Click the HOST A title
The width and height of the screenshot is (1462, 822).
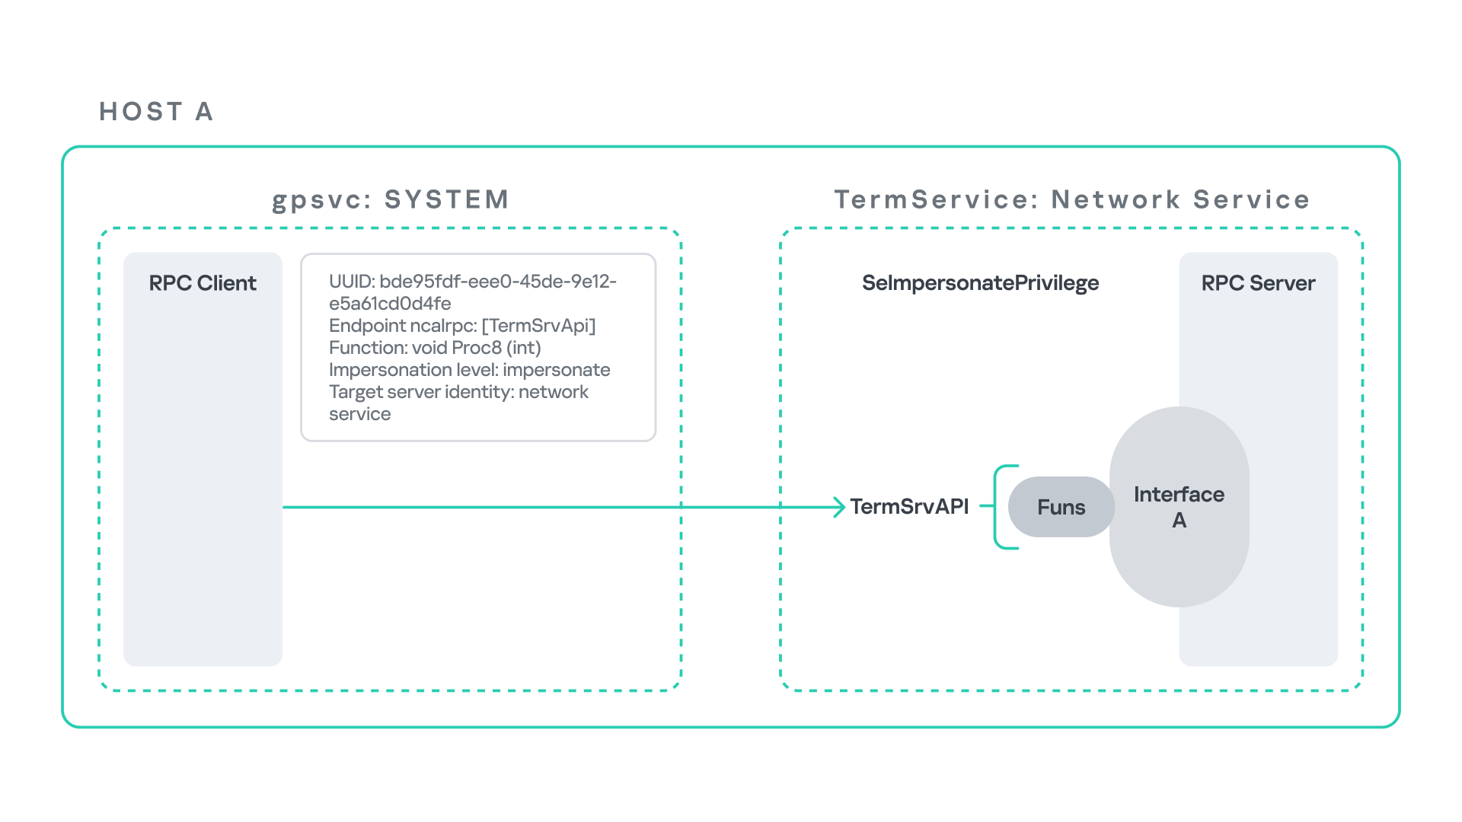[156, 112]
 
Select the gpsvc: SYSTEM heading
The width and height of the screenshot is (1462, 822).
[391, 199]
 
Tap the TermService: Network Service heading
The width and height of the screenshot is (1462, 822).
[1071, 199]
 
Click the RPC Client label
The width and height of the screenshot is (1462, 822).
[203, 283]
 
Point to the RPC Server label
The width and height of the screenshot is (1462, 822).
[1258, 283]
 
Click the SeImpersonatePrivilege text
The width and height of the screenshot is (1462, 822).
[980, 283]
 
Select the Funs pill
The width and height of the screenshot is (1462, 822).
[1061, 508]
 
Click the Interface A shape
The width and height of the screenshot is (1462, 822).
[1179, 507]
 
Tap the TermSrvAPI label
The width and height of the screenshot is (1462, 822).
[909, 507]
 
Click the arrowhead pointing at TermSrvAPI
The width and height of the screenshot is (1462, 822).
[839, 507]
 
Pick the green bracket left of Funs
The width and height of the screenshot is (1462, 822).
[999, 507]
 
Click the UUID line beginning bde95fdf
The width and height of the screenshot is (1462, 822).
[472, 282]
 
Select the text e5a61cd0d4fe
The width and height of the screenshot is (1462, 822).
[390, 304]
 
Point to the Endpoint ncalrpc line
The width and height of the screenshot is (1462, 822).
[462, 326]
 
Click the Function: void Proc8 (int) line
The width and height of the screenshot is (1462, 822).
[435, 348]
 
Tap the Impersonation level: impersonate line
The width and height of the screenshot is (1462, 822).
[469, 370]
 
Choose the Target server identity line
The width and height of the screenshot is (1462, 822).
[458, 392]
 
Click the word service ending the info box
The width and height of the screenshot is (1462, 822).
[359, 414]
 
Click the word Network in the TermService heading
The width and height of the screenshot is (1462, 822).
[1116, 199]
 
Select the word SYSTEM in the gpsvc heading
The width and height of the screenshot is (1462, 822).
[447, 199]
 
